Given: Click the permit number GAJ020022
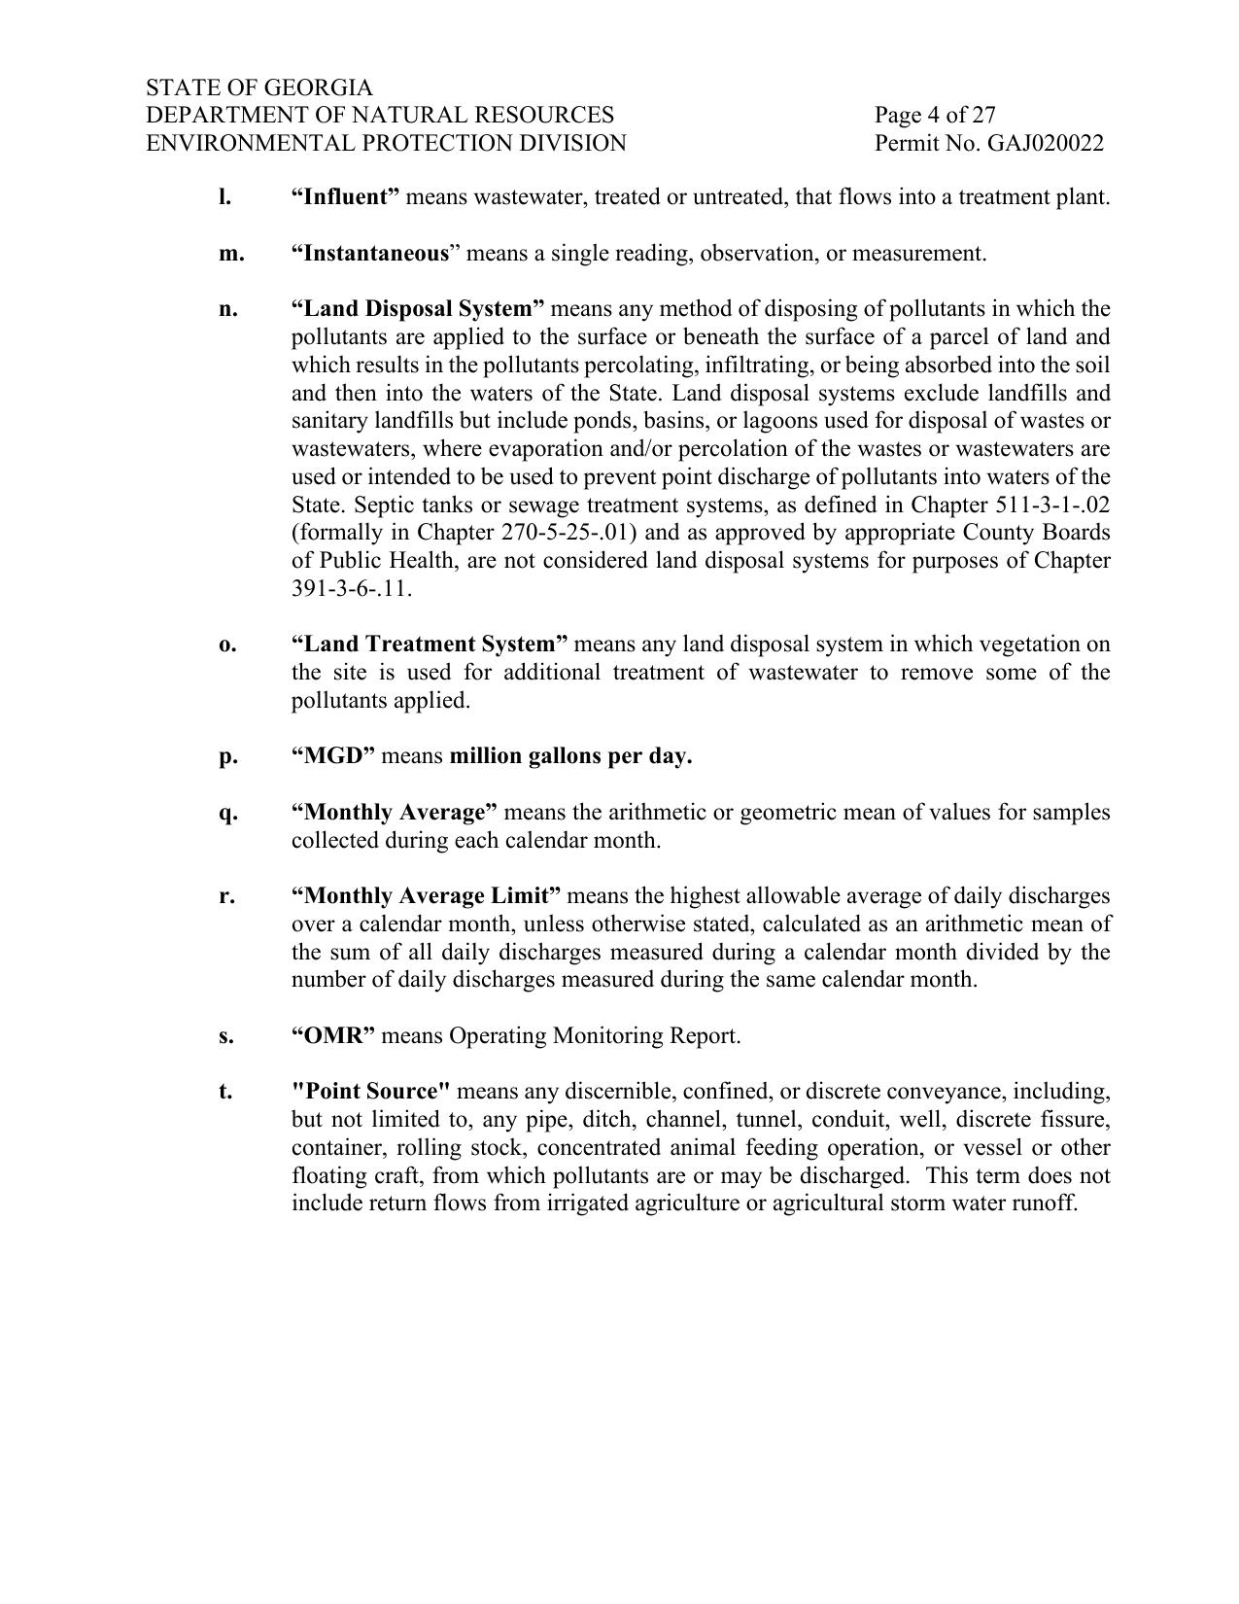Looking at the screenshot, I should (x=1045, y=144).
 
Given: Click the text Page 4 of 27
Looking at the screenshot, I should (x=935, y=116).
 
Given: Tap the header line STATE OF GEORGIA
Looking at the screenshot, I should (x=259, y=87).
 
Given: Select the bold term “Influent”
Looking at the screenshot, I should (x=345, y=197).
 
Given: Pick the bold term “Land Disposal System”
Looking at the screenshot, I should (x=418, y=309).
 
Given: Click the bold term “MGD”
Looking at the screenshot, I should (x=333, y=756).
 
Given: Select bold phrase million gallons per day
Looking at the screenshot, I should (x=570, y=756).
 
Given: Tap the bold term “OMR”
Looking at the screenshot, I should (x=333, y=1036).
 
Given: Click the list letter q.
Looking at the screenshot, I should (x=227, y=813).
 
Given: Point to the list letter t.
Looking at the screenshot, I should (x=225, y=1092).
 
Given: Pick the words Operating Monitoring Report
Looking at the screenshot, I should (x=594, y=1036).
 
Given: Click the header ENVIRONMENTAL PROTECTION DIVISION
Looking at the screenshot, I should (x=386, y=144).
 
